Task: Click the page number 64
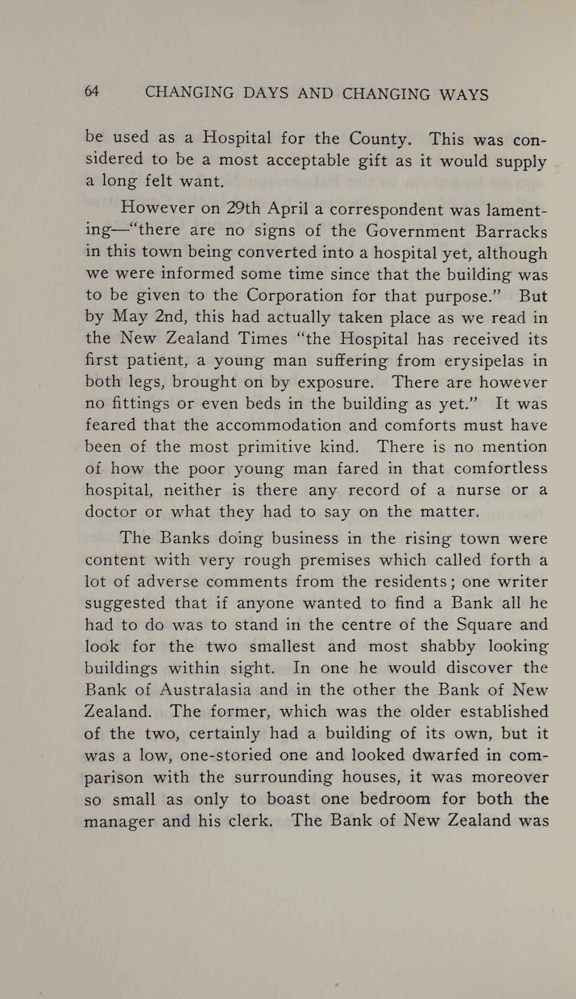coord(92,92)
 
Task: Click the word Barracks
coord(512,231)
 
